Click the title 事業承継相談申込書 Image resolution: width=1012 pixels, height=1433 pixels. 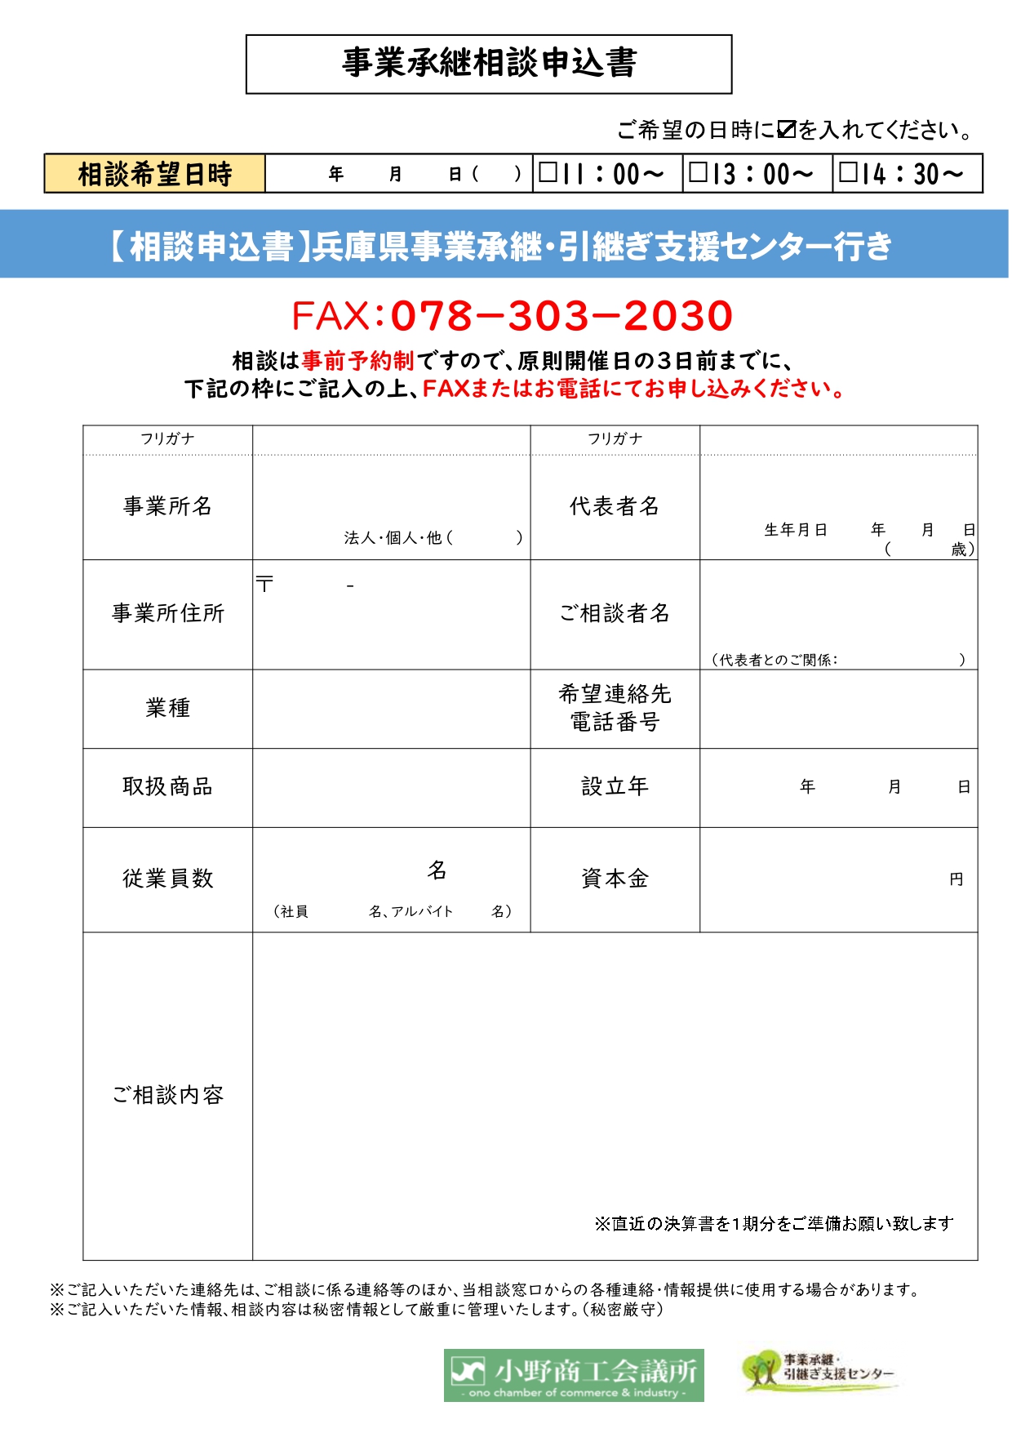tap(488, 63)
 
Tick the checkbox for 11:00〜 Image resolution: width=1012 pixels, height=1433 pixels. tap(548, 172)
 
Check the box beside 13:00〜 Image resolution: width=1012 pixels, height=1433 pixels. tap(699, 172)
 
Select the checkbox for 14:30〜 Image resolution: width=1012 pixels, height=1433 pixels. tap(849, 172)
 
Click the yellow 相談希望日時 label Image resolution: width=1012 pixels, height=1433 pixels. tap(155, 174)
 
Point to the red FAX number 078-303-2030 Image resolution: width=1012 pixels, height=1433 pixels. tap(561, 316)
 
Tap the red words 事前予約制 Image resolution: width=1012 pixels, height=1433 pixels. tap(357, 360)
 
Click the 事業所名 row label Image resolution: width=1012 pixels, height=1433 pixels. tap(167, 506)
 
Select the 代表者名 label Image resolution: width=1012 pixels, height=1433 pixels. tap(615, 506)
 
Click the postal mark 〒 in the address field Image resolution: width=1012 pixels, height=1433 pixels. tap(264, 584)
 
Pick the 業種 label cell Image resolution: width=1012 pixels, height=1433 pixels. tap(167, 708)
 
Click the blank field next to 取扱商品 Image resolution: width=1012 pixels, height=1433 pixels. tap(391, 787)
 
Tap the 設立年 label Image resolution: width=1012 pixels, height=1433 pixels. tap(615, 786)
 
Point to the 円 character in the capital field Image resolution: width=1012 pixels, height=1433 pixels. tap(957, 879)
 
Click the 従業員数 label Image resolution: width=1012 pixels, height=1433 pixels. tap(167, 879)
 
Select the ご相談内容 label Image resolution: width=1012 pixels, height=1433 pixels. tap(167, 1095)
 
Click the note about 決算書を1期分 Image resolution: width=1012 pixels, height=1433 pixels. tap(774, 1223)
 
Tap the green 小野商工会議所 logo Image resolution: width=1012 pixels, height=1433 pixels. tap(574, 1375)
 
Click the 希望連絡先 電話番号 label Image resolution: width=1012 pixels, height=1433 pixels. tap(615, 708)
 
